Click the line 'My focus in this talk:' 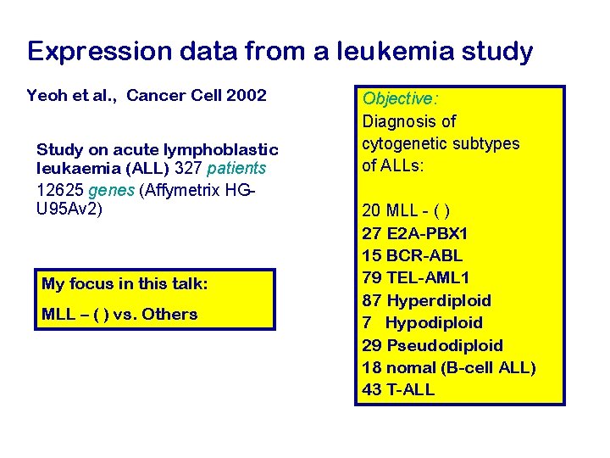coord(125,284)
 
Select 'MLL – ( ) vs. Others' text coord(119,314)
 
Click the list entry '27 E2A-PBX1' coord(414,233)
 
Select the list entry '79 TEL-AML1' coord(415,277)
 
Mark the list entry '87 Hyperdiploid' coord(426,300)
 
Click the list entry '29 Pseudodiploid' coord(432,345)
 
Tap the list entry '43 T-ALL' coord(398,389)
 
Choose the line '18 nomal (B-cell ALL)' coord(449,367)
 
